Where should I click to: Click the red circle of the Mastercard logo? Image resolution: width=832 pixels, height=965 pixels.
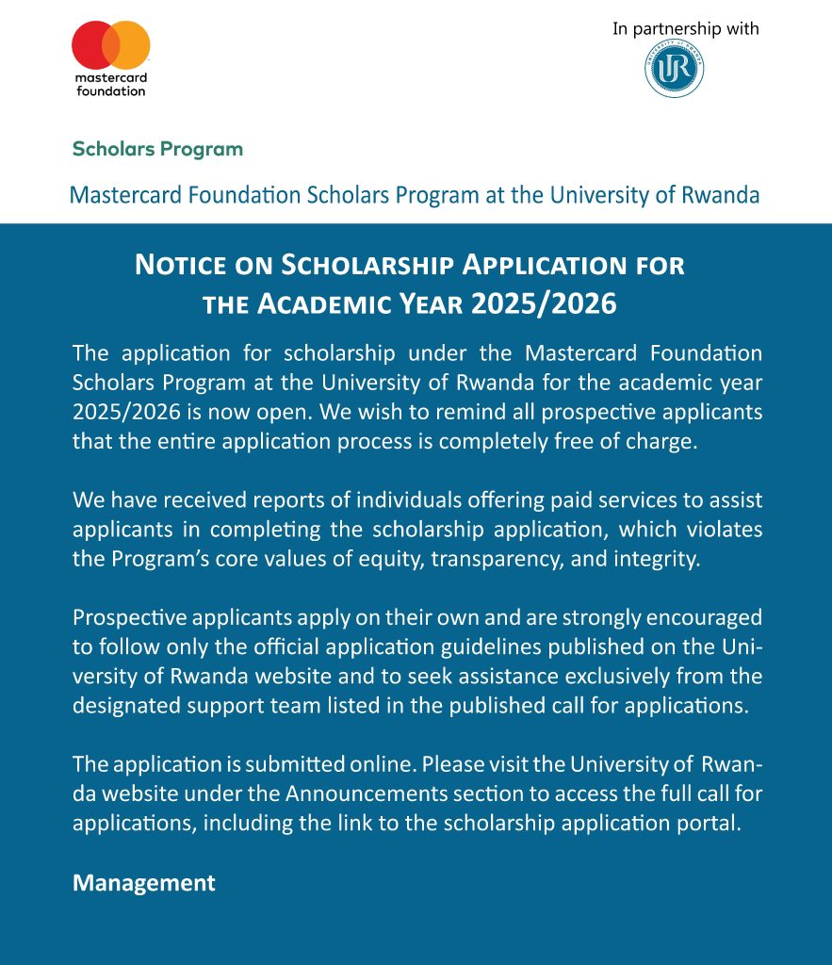[91, 46]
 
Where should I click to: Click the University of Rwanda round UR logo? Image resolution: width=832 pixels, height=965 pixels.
[675, 69]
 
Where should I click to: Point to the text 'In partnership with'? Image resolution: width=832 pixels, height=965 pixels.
[685, 29]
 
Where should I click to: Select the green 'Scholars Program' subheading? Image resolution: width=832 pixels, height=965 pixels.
[157, 149]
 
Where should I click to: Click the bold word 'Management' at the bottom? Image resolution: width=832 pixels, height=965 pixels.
[144, 883]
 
